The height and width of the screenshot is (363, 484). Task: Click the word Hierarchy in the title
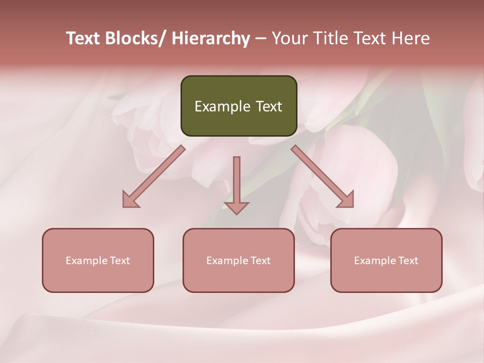tap(211, 39)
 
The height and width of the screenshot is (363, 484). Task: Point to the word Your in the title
tap(289, 39)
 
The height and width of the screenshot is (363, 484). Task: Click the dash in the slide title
tap(261, 39)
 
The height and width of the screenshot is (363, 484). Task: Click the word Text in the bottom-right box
tap(408, 261)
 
